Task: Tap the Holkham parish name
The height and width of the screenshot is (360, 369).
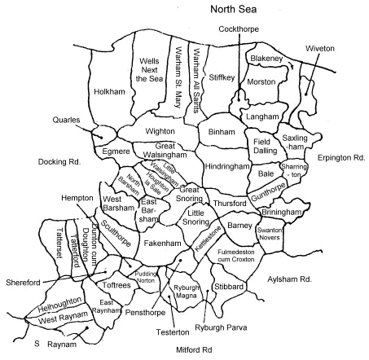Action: coord(108,91)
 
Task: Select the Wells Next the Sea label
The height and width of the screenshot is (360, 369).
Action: coord(149,71)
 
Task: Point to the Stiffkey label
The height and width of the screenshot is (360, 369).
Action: coord(221,77)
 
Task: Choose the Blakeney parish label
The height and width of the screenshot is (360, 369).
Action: coord(266,59)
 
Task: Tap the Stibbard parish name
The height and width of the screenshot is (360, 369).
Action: coord(231,286)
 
